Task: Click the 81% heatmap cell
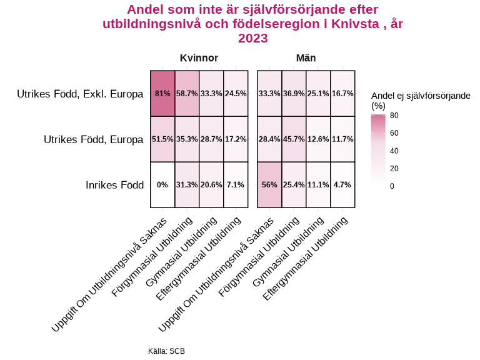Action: click(162, 94)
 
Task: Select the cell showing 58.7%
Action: click(187, 94)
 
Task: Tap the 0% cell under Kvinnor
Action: click(162, 184)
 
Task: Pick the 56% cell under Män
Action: click(269, 184)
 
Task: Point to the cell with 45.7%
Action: click(294, 139)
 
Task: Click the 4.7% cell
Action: click(342, 184)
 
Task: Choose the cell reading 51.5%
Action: click(162, 139)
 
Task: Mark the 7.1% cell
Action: click(236, 184)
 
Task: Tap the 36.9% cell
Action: click(294, 94)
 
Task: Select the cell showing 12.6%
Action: click(318, 139)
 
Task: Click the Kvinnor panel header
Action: click(199, 58)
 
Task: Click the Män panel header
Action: click(306, 58)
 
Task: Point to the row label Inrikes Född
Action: click(114, 185)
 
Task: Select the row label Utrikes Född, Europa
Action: click(93, 139)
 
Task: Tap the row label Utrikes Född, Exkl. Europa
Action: click(80, 94)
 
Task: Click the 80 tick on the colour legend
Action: click(394, 116)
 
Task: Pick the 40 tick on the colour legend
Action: click(394, 151)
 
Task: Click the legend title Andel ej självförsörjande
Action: click(420, 95)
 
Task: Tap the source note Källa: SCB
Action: click(166, 351)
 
